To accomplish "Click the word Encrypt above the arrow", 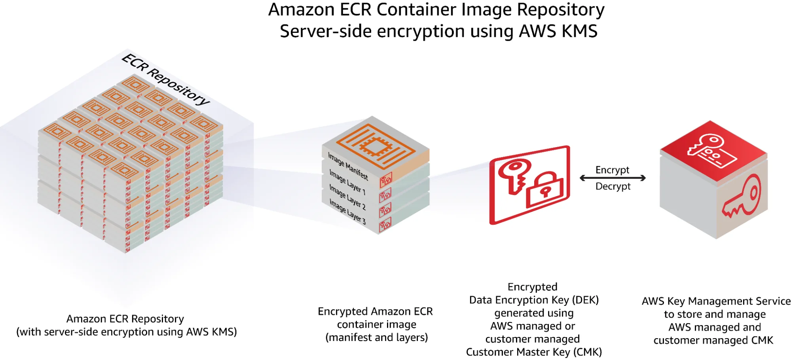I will coord(612,170).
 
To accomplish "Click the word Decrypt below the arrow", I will coord(613,186).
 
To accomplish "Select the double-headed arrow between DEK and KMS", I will coord(613,178).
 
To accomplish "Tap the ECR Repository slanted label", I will coord(165,79).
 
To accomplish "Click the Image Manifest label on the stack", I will coord(348,167).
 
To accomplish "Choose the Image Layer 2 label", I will coord(347,197).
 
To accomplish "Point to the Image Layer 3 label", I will coord(347,212).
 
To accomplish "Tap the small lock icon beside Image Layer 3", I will coord(385,225).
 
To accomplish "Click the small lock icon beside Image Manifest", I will coord(385,180).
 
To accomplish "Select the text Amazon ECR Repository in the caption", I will coord(125,318).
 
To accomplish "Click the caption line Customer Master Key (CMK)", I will coord(533,352).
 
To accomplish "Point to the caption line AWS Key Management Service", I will coord(716,301).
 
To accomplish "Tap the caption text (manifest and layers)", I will coord(376,337).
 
